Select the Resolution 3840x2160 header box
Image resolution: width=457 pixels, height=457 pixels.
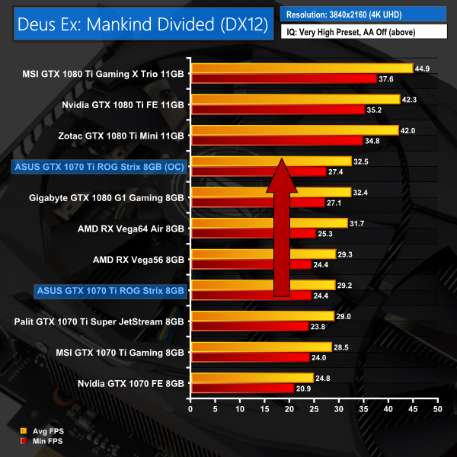click(364, 14)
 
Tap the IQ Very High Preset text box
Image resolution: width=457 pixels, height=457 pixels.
click(364, 33)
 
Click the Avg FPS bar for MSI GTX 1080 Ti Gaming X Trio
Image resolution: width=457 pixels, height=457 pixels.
click(302, 69)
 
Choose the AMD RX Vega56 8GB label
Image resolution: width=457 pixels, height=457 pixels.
click(139, 259)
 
